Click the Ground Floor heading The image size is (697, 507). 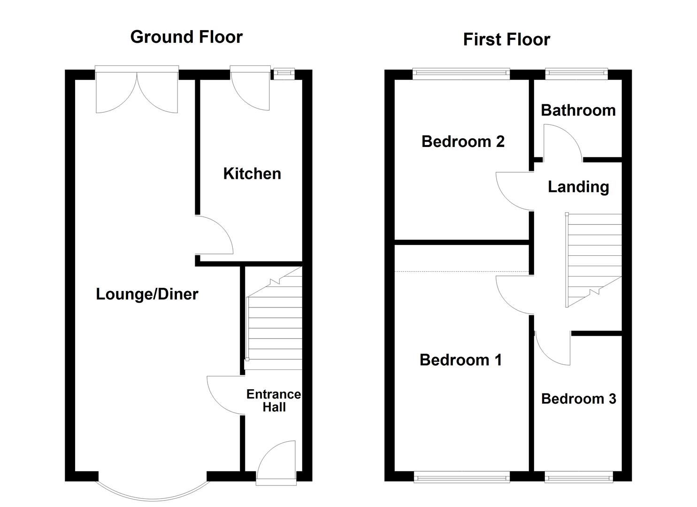point(186,37)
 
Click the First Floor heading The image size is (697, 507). point(506,39)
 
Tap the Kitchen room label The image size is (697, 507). point(252,174)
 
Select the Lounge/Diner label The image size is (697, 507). point(147,294)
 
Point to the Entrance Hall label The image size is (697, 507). point(274,400)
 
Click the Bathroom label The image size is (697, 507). point(578,110)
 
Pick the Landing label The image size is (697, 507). point(578,187)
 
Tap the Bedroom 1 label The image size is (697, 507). point(460,360)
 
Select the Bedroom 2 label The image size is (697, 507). point(463,141)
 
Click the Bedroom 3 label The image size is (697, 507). point(578,399)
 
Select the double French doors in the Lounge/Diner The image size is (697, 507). point(137,92)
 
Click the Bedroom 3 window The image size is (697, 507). point(578,477)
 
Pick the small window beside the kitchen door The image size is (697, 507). point(284,73)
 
